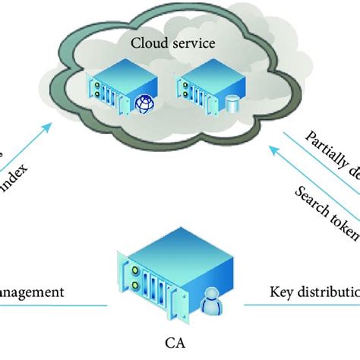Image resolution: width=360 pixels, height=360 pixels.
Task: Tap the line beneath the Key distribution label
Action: (x=304, y=306)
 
